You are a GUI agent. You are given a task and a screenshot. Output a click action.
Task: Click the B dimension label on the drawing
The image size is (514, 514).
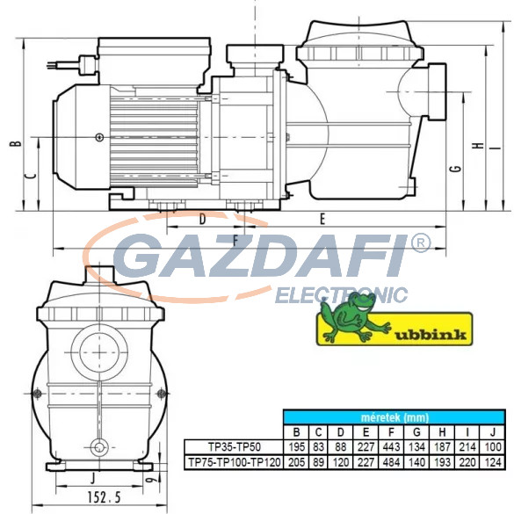click(x=16, y=143)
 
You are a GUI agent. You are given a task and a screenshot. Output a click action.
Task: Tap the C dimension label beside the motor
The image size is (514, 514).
click(x=31, y=176)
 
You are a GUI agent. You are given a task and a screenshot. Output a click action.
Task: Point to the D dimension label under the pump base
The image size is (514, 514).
click(x=203, y=219)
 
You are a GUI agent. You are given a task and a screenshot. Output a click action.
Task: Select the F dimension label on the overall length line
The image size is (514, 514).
click(x=235, y=242)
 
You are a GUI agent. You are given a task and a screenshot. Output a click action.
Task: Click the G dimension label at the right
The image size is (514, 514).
click(x=456, y=169)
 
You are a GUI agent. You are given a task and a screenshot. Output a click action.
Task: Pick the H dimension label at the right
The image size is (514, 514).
click(x=479, y=146)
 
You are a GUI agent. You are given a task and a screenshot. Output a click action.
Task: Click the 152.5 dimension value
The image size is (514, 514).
click(x=104, y=497)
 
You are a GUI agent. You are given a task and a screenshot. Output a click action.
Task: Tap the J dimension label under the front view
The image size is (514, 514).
click(x=93, y=478)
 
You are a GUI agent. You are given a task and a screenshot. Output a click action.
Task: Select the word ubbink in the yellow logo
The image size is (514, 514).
click(x=431, y=335)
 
